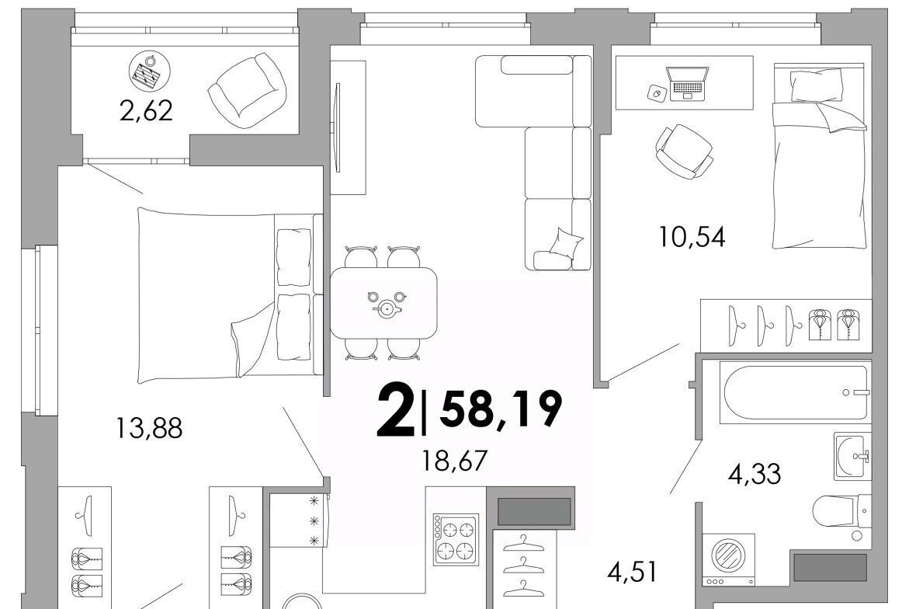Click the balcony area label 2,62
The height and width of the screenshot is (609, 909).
coord(146,110)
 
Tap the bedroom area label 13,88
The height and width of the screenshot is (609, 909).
coord(149,429)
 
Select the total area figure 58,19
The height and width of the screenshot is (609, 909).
coord(501,408)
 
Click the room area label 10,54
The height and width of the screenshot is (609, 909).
coord(692,237)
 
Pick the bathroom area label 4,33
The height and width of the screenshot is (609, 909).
coord(755,473)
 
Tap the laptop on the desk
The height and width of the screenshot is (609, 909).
coord(688,84)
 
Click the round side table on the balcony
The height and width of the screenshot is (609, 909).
coord(150,72)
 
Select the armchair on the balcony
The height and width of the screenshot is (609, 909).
coord(247,90)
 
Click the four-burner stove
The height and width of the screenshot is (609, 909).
coord(456,540)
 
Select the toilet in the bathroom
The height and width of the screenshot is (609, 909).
coord(841,512)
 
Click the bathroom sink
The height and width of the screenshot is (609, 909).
coord(852,456)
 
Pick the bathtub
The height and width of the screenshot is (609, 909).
coord(793,392)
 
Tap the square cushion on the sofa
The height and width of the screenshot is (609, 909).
coord(566,242)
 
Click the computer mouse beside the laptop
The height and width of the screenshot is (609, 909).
coord(657,92)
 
